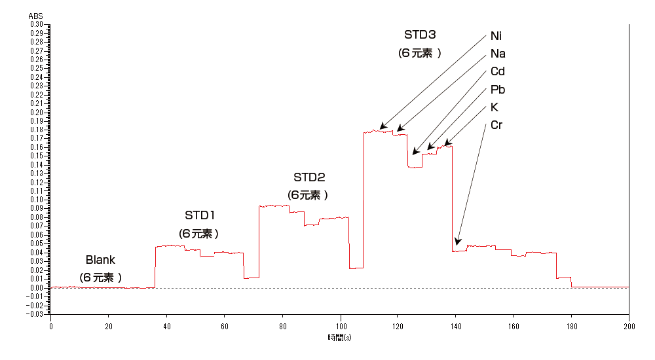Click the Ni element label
point(496,36)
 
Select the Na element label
point(497,54)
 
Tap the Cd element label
point(497,71)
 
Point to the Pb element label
point(497,90)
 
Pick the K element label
point(495,107)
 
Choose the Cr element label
point(496,125)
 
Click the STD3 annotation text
point(420,35)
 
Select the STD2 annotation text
point(309,177)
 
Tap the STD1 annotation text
point(200,215)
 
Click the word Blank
point(100,261)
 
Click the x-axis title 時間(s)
point(339,338)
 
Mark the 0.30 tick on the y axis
point(37,24)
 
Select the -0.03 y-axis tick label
point(35,314)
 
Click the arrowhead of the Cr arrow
point(457,245)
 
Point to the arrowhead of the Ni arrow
point(381,128)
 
